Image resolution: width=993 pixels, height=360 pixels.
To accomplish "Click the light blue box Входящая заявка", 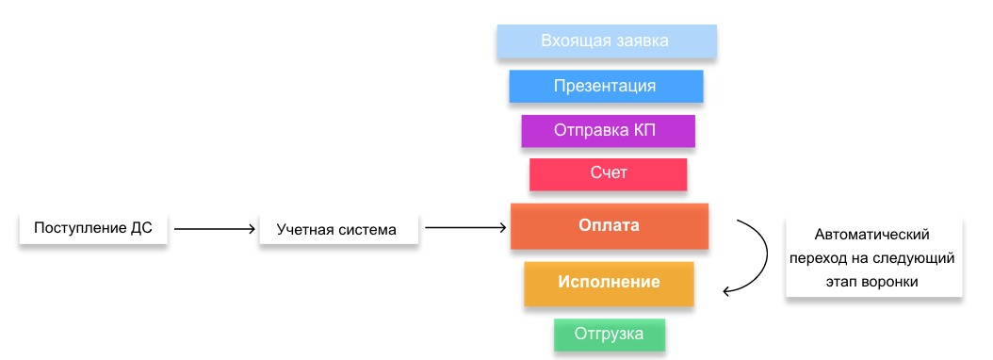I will click(607, 41).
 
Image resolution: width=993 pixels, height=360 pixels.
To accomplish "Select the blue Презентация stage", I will click(606, 86).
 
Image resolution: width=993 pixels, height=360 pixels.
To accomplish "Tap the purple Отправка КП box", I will click(608, 130).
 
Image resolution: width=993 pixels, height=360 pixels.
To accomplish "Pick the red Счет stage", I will click(608, 173).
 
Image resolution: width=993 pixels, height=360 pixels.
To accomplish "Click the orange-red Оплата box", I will click(609, 226).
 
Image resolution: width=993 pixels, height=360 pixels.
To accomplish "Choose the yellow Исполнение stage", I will click(609, 283).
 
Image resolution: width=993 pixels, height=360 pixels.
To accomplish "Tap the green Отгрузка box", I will click(610, 335).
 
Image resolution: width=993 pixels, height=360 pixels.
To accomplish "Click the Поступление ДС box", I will click(93, 228).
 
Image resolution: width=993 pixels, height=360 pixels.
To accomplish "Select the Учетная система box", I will click(336, 229).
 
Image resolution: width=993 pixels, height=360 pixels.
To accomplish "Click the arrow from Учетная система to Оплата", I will click(465, 227).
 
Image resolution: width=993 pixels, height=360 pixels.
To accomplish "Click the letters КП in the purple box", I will click(643, 130).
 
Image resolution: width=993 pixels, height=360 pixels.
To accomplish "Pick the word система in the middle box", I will click(366, 229).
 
